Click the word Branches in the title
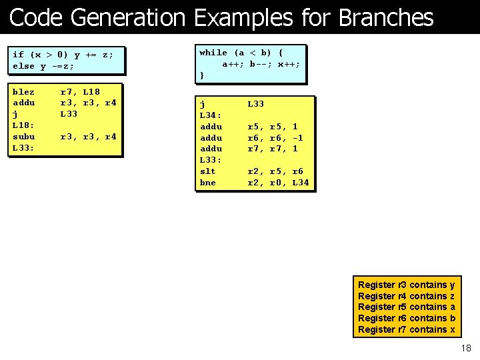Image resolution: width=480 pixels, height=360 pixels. (386, 17)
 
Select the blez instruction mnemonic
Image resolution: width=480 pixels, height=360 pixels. (24, 91)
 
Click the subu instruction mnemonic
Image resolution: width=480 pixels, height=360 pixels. (24, 137)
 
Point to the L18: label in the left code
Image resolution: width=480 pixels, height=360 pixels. (24, 125)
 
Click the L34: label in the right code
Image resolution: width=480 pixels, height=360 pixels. (211, 115)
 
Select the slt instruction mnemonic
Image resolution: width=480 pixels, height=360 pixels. (208, 171)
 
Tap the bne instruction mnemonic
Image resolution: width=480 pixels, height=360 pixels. (208, 183)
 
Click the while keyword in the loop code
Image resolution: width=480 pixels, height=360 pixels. (213, 53)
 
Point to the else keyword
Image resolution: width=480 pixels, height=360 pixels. (24, 66)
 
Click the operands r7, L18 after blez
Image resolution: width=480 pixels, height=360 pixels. (80, 91)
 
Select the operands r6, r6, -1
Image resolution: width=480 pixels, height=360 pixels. (275, 137)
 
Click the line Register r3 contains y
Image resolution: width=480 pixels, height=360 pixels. (407, 285)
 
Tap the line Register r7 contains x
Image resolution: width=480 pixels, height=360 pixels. (407, 329)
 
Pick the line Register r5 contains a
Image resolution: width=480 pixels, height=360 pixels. (407, 307)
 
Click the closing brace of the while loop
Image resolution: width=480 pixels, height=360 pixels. (202, 75)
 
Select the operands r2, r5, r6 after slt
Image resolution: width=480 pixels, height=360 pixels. (275, 171)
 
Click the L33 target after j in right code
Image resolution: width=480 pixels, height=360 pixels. (256, 104)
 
